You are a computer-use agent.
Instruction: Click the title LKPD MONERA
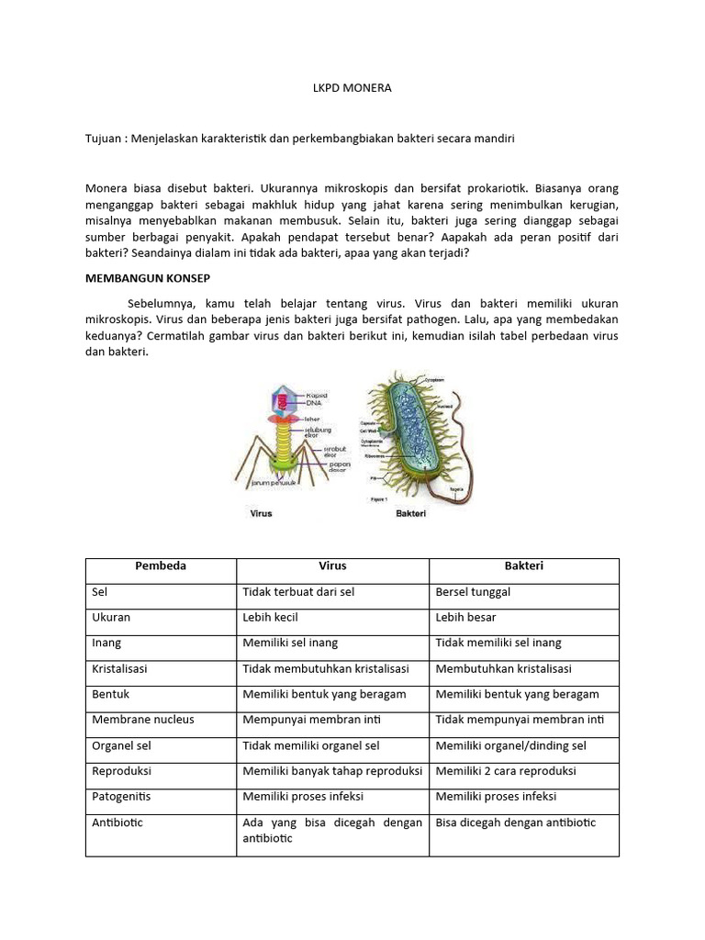(x=352, y=88)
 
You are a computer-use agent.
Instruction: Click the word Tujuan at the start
(x=104, y=138)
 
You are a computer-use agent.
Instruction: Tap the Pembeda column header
(x=161, y=566)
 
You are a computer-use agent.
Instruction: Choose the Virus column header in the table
(x=332, y=566)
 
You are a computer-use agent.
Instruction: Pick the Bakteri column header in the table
(x=523, y=566)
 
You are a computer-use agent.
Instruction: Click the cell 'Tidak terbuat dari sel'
(x=298, y=592)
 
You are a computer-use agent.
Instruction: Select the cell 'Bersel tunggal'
(x=473, y=592)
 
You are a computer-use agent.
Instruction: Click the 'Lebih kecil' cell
(x=271, y=618)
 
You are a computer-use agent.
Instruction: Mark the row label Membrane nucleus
(x=143, y=720)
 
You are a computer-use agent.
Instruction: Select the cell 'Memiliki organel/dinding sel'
(x=510, y=745)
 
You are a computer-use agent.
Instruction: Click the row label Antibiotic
(x=117, y=822)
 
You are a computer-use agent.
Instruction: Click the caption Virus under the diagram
(x=262, y=514)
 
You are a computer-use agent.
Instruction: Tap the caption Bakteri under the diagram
(x=410, y=514)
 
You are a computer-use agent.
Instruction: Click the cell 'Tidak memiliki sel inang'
(x=498, y=643)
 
